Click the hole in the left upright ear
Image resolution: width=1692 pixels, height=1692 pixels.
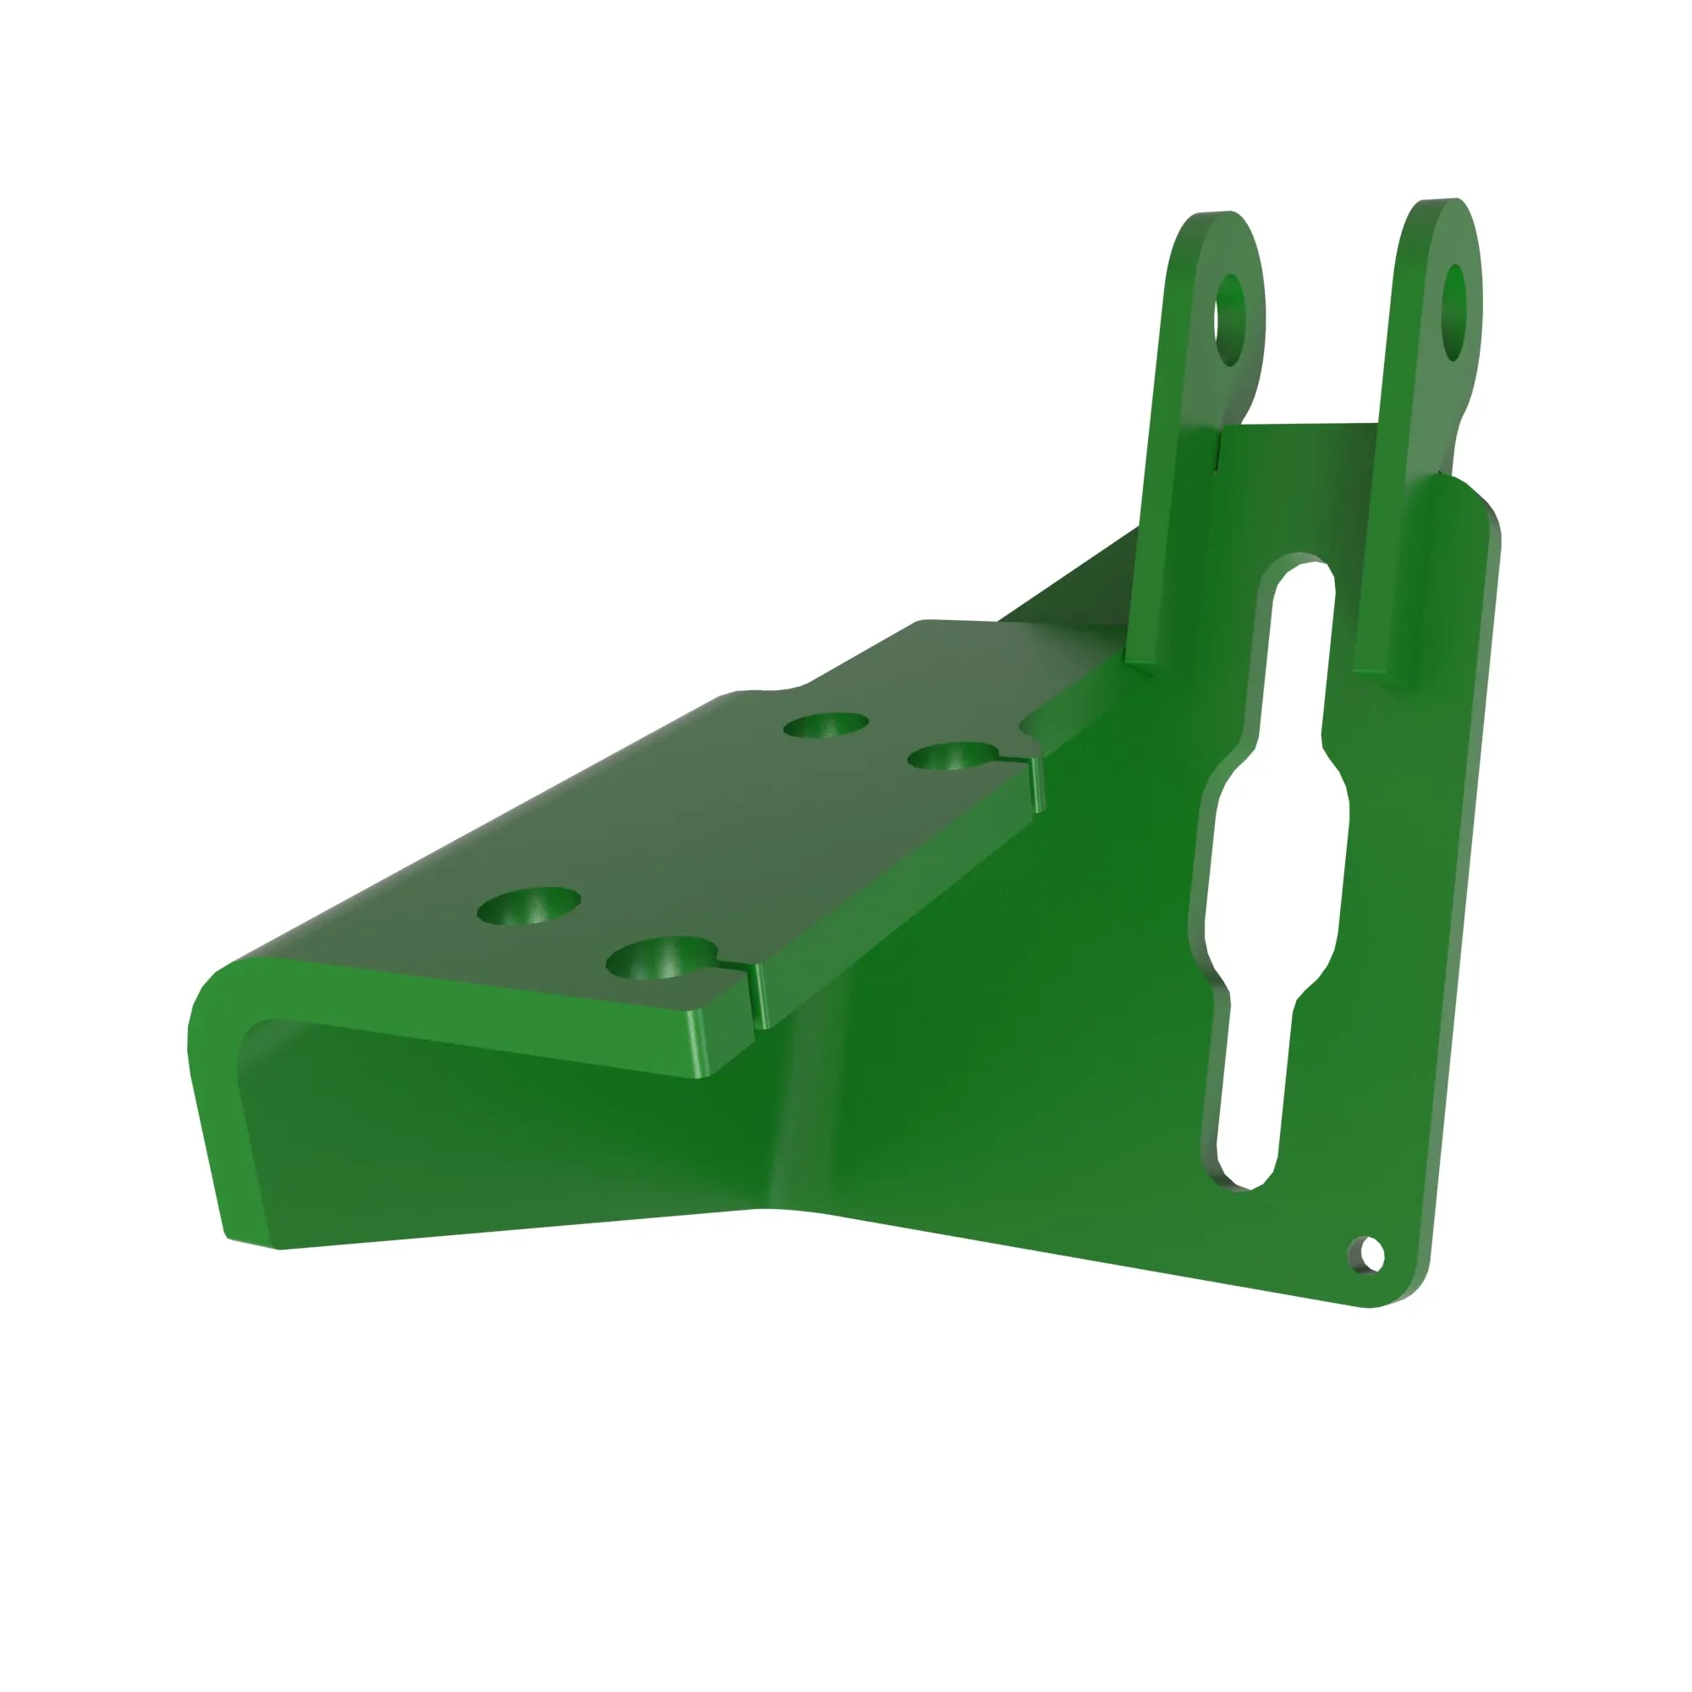pos(1229,320)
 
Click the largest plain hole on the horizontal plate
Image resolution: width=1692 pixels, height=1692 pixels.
pos(529,907)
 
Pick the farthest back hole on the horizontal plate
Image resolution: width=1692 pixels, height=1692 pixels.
pos(826,725)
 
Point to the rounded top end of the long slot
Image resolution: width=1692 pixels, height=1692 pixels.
pos(1300,578)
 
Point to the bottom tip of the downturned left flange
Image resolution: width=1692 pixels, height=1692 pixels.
pos(254,1239)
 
